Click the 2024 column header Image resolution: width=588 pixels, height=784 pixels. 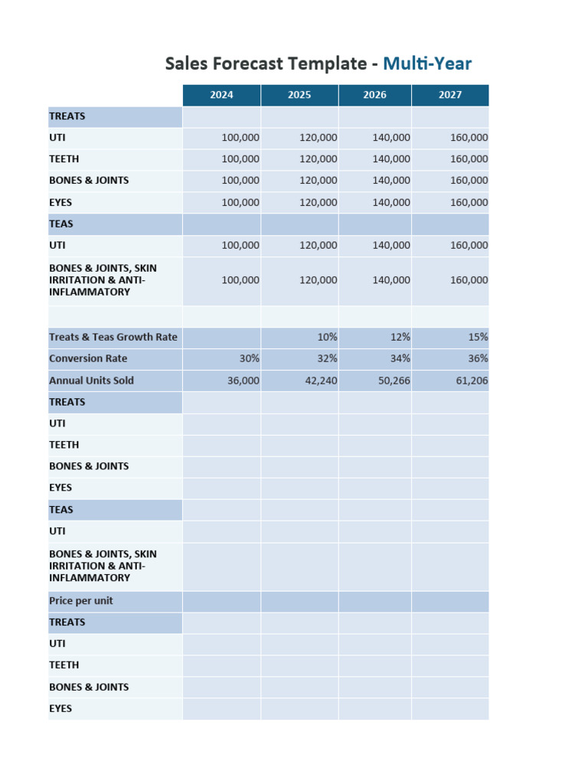point(221,95)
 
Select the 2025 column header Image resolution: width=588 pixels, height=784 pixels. point(299,95)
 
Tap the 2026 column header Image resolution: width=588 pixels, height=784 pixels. point(374,95)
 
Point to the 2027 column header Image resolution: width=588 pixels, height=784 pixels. point(450,95)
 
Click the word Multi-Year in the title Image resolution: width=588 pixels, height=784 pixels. point(427,64)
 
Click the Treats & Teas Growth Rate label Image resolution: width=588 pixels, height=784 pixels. point(113,337)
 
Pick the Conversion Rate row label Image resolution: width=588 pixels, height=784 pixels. point(88,358)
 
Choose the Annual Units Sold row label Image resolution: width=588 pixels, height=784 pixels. point(91,381)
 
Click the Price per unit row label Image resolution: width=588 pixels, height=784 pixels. point(81,601)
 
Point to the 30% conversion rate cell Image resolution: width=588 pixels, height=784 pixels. point(249,358)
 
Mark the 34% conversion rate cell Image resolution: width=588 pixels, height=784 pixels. point(400,358)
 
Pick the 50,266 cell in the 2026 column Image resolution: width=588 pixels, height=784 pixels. point(394,381)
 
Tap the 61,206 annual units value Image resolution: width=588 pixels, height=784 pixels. point(472,381)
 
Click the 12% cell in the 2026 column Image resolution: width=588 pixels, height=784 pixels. point(400,337)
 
